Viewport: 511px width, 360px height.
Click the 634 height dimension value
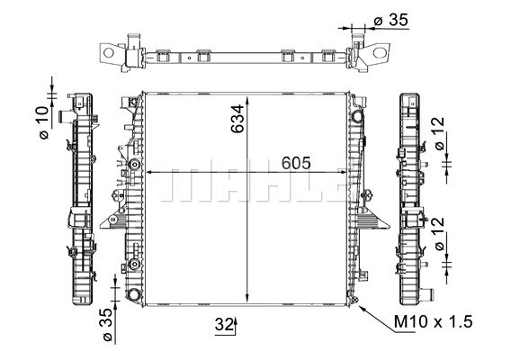238,119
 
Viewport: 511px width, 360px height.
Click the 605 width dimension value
296,163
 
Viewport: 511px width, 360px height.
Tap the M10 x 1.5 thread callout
433,322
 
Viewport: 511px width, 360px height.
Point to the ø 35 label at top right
390,20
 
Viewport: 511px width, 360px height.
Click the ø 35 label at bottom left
108,325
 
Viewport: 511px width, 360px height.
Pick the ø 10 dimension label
44,122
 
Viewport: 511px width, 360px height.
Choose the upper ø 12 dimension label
440,133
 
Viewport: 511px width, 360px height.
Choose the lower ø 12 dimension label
440,233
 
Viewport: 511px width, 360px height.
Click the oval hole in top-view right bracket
380,52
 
